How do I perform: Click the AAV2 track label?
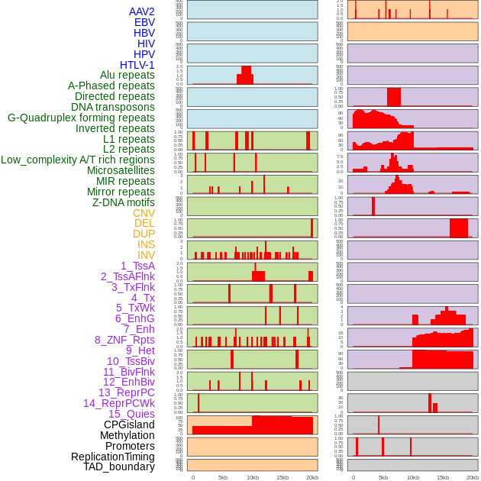pyautogui.click(x=142, y=11)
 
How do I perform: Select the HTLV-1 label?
pyautogui.click(x=137, y=65)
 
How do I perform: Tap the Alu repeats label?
pyautogui.click(x=128, y=75)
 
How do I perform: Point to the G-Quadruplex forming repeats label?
pyautogui.click(x=81, y=118)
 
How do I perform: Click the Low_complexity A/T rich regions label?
pyautogui.click(x=78, y=160)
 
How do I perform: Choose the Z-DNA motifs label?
pyautogui.click(x=124, y=202)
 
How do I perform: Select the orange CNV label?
pyautogui.click(x=144, y=213)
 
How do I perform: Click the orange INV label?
pyautogui.click(x=146, y=255)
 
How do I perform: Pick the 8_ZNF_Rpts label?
pyautogui.click(x=124, y=340)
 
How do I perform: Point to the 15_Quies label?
pyautogui.click(x=131, y=414)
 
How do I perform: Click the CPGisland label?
pyautogui.click(x=129, y=425)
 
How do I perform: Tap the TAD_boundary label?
pyautogui.click(x=119, y=466)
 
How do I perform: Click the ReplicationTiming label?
pyautogui.click(x=113, y=457)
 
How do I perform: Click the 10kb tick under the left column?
pyautogui.click(x=253, y=477)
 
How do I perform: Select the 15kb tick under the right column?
pyautogui.click(x=443, y=477)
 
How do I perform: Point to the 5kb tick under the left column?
pyautogui.click(x=223, y=477)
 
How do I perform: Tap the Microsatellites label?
pyautogui.click(x=121, y=170)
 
